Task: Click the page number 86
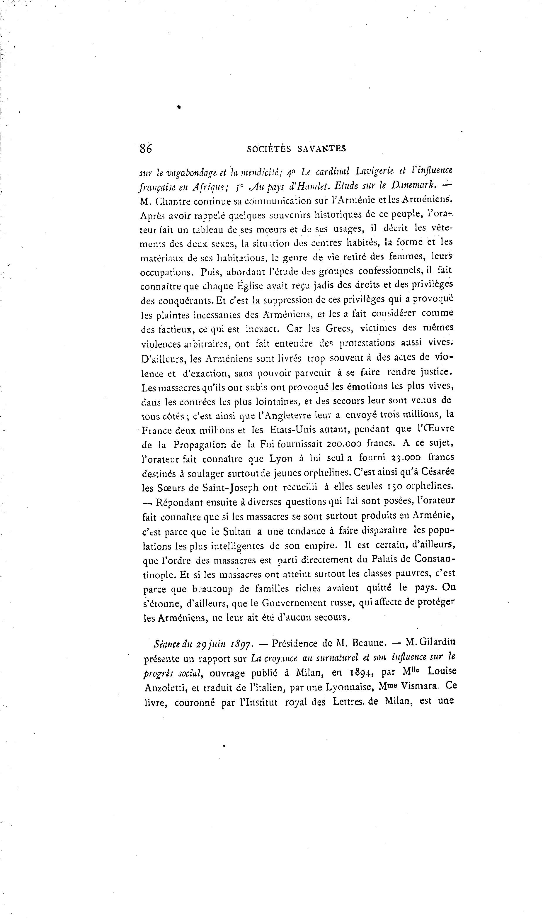146,148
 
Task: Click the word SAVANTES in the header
322,149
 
